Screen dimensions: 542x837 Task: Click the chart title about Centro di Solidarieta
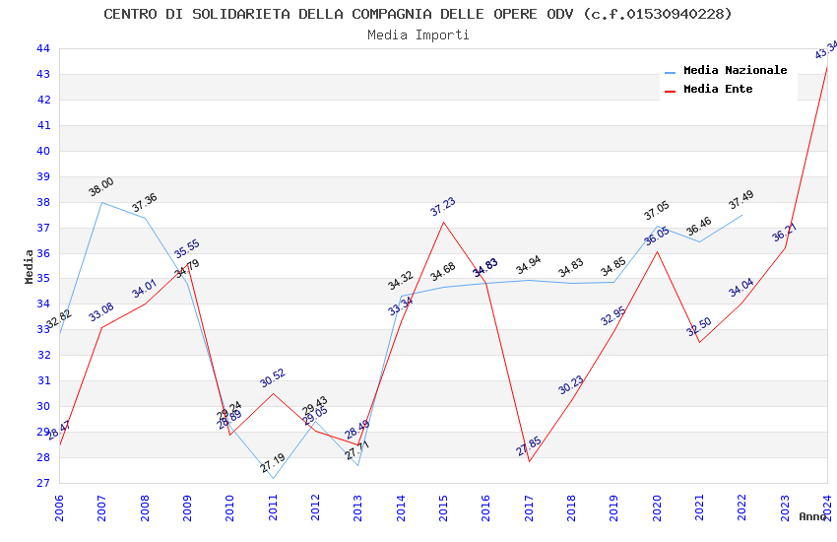point(418,14)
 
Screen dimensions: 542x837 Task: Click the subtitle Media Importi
point(418,35)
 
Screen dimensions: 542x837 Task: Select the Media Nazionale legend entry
point(735,71)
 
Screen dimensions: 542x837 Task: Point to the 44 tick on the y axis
point(43,49)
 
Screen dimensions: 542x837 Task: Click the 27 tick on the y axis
point(43,483)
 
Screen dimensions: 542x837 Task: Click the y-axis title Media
point(30,266)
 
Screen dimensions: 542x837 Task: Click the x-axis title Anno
point(812,516)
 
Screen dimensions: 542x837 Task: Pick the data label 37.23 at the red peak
point(443,206)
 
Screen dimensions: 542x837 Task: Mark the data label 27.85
point(529,447)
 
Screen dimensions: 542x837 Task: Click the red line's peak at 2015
point(444,222)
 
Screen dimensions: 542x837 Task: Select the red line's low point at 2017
point(529,461)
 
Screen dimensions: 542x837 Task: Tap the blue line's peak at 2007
point(102,202)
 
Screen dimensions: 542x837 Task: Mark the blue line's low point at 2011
point(273,479)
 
